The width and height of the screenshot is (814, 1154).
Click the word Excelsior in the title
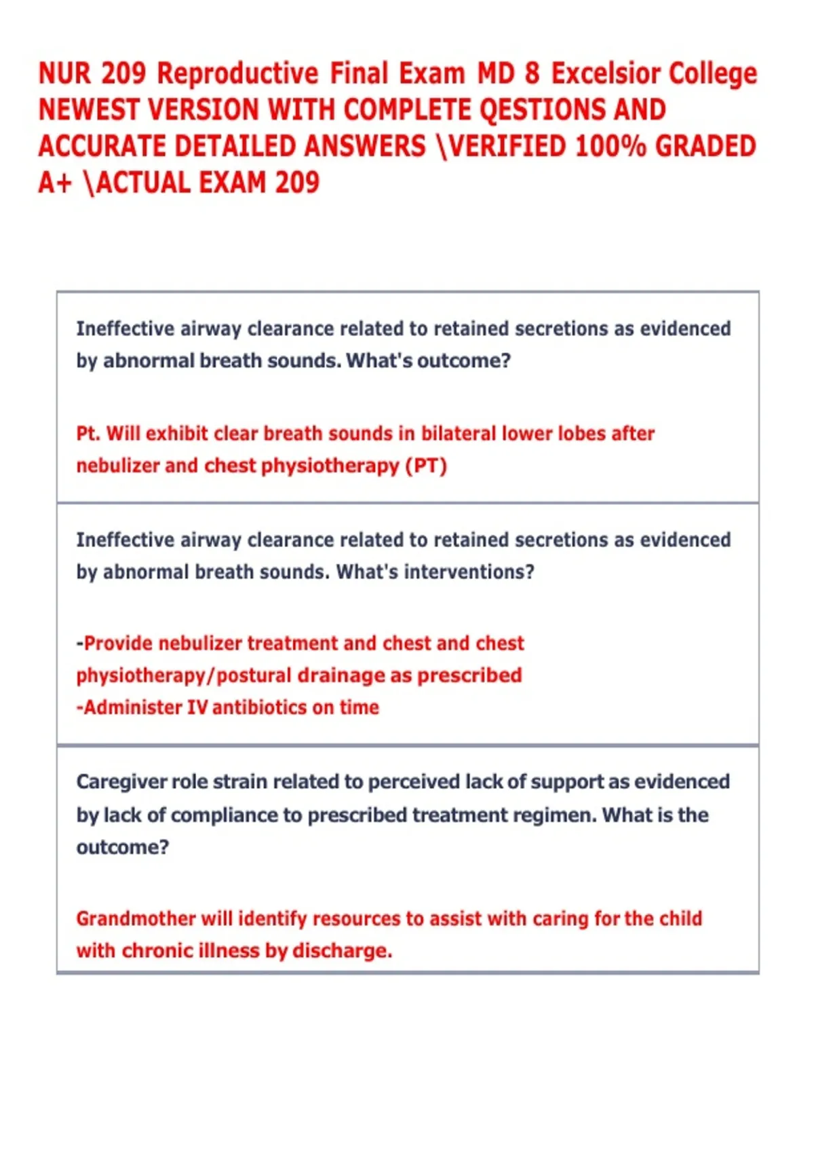tap(606, 74)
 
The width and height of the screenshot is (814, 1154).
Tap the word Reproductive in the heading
tap(237, 74)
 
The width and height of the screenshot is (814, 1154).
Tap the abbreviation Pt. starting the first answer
tap(88, 434)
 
